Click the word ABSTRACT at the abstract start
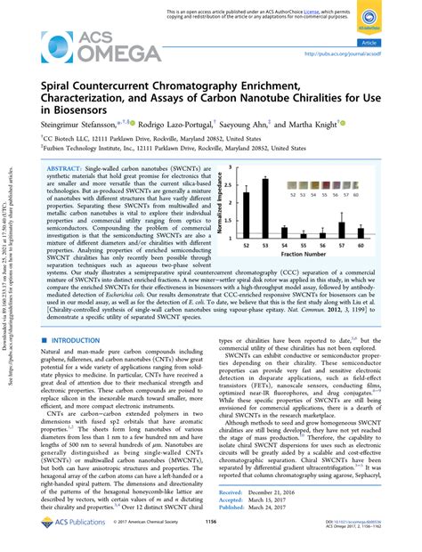pyautogui.click(x=65, y=166)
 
